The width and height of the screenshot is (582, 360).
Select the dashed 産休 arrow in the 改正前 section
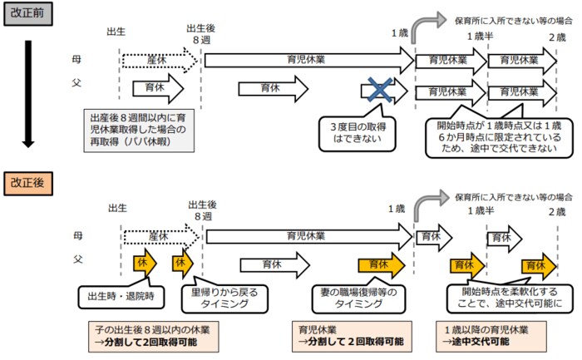tap(158, 60)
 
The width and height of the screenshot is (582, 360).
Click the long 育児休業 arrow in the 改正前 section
tap(308, 60)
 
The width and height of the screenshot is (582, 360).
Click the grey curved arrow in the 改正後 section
tap(427, 205)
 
